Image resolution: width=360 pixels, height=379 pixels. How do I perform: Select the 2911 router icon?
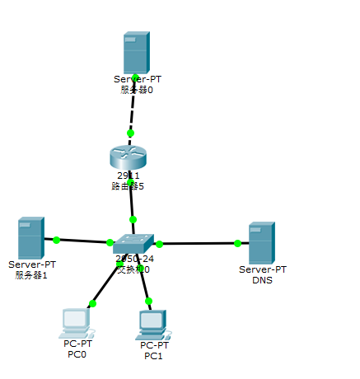click(x=127, y=157)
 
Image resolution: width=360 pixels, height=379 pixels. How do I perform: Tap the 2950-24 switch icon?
click(x=133, y=244)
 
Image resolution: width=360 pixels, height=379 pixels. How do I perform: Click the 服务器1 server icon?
click(x=30, y=238)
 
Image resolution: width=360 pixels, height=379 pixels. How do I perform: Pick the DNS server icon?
click(x=261, y=243)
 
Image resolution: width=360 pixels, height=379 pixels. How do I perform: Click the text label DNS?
click(x=262, y=280)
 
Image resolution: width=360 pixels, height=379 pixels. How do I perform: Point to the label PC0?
click(x=77, y=354)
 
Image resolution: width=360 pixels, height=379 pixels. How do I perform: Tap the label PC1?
click(x=153, y=356)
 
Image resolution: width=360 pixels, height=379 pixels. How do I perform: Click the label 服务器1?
click(x=31, y=275)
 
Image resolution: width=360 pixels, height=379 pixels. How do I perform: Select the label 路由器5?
click(x=128, y=186)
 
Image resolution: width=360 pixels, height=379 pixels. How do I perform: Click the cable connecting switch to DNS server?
click(x=198, y=244)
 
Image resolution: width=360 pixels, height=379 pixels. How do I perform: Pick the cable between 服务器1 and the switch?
click(x=82, y=241)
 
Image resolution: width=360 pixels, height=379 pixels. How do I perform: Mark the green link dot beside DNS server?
click(x=237, y=243)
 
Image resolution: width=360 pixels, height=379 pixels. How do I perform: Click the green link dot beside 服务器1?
click(x=56, y=240)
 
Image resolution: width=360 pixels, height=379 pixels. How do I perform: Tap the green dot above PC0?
click(x=92, y=303)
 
